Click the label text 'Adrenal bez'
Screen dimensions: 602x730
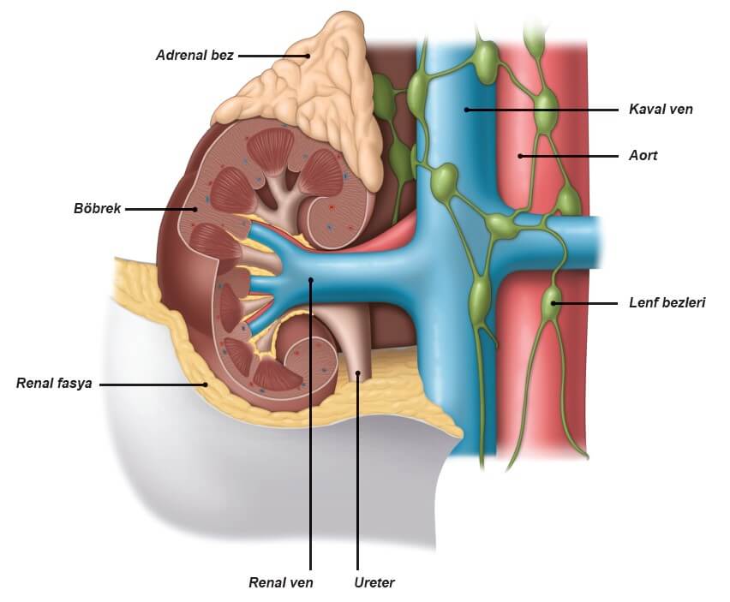(194, 55)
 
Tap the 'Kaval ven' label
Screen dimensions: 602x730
(660, 110)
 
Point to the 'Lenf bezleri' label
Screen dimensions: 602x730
(667, 302)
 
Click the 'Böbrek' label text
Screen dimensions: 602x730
(99, 208)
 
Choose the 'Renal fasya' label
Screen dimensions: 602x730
(53, 384)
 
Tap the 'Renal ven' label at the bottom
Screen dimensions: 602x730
(281, 582)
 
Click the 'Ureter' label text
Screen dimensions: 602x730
(374, 582)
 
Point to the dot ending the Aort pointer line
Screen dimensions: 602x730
(520, 157)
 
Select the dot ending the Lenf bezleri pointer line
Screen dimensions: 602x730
(554, 302)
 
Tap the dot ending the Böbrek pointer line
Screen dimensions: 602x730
(195, 208)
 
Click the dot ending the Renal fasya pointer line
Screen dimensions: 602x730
(206, 384)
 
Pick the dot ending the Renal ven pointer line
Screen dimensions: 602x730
(311, 279)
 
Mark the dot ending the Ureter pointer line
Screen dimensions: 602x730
(358, 373)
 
